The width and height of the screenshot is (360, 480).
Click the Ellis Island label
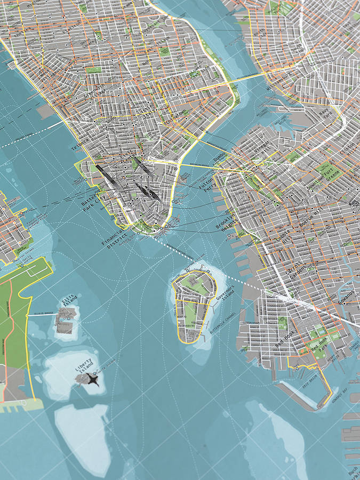[x=69, y=301]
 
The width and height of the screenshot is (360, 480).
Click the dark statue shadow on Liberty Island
[x=92, y=380]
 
